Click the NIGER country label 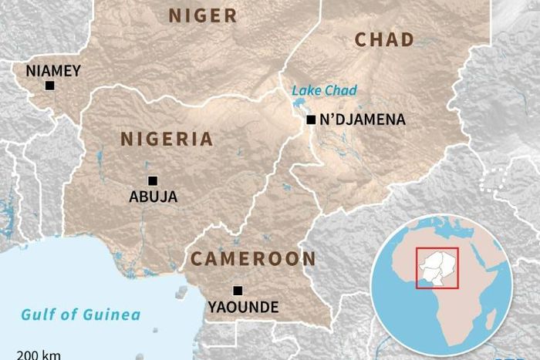tap(203, 15)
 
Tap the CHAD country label tap(384, 40)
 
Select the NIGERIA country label tap(166, 139)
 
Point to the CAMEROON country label tap(253, 259)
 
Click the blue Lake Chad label tap(324, 91)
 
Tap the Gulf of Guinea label tap(81, 315)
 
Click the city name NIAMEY tap(53, 71)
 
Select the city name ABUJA tap(153, 197)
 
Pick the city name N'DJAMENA tap(362, 120)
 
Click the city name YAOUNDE tap(243, 308)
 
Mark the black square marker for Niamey tap(50, 86)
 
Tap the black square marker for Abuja tap(153, 180)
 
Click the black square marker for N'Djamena tap(311, 119)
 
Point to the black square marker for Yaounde tap(238, 291)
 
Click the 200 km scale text tap(39, 355)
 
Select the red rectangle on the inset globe tap(437, 267)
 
